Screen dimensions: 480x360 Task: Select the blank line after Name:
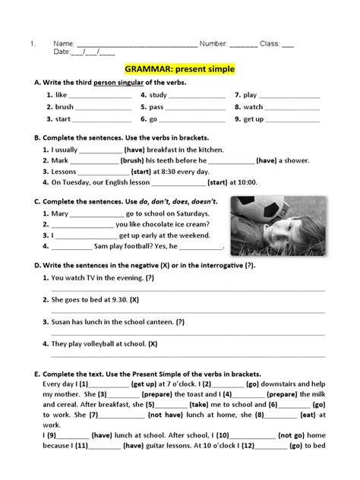137,44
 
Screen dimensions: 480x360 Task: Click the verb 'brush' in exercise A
65,108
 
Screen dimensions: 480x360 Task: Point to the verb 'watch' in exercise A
253,108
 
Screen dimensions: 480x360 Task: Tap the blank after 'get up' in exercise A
293,120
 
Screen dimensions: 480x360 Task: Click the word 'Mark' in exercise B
60,160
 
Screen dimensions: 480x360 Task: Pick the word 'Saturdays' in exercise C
190,214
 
